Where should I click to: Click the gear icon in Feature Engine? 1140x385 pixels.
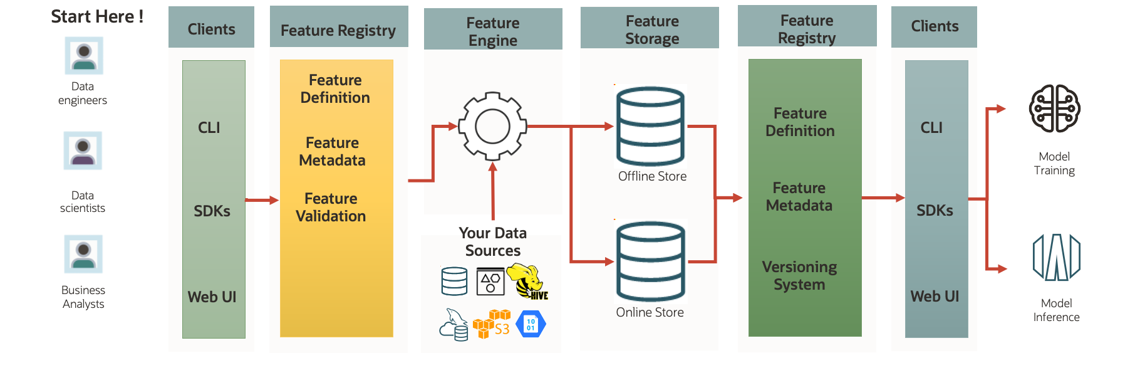click(492, 127)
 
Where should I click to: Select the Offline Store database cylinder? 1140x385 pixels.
click(650, 126)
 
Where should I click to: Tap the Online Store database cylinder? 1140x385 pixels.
click(650, 261)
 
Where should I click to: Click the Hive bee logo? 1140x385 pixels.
click(527, 281)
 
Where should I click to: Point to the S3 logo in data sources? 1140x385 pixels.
click(492, 324)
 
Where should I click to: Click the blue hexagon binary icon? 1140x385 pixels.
click(531, 324)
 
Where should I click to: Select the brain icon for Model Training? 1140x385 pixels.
click(1055, 108)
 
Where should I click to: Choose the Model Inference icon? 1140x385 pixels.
click(1057, 256)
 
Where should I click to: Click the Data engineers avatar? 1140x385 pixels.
click(84, 56)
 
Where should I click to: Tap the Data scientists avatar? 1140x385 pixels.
click(83, 150)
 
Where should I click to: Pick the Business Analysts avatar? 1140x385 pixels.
click(83, 254)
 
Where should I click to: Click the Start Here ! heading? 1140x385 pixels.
click(96, 16)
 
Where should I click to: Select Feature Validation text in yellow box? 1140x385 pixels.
click(331, 208)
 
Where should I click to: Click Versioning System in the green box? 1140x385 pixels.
click(799, 276)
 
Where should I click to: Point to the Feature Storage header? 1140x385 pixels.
click(651, 29)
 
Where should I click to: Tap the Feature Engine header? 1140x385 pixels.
click(493, 31)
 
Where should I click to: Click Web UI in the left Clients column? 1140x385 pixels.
click(212, 297)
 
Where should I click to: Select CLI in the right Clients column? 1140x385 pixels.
click(931, 128)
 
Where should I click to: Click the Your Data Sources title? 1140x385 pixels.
click(493, 242)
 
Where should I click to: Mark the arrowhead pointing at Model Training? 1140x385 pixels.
click(1002, 108)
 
